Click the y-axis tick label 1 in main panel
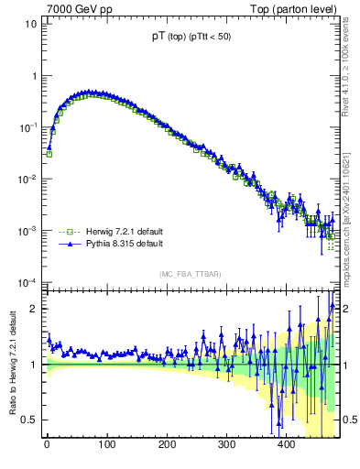[33, 76]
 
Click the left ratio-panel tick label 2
[32, 309]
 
